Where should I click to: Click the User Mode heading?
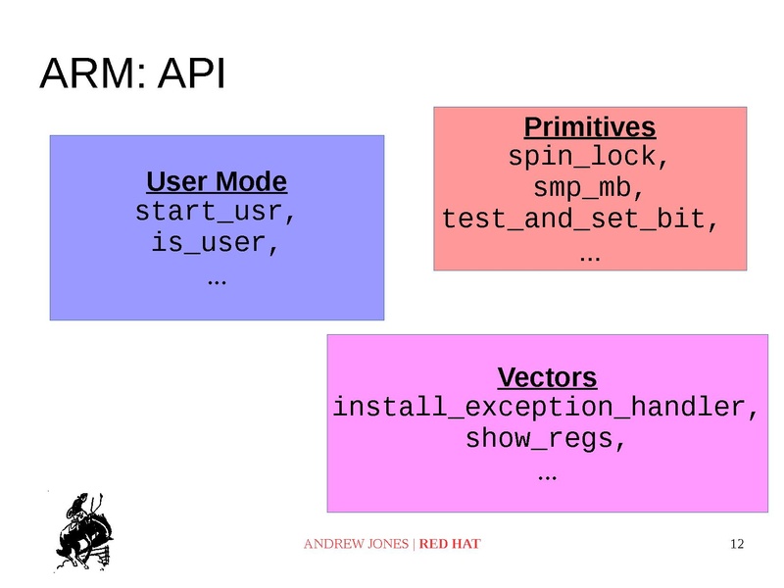pos(216,182)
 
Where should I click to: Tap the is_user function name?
pos(216,242)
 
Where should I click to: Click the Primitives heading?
pos(589,127)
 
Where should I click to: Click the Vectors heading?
pos(547,377)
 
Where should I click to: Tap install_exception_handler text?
pos(544,408)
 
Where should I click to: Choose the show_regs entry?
pos(545,438)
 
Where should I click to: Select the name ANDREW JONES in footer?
pos(356,544)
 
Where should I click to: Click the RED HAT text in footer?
pos(450,544)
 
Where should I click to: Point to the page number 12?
pos(738,544)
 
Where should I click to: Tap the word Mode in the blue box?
pos(252,182)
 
